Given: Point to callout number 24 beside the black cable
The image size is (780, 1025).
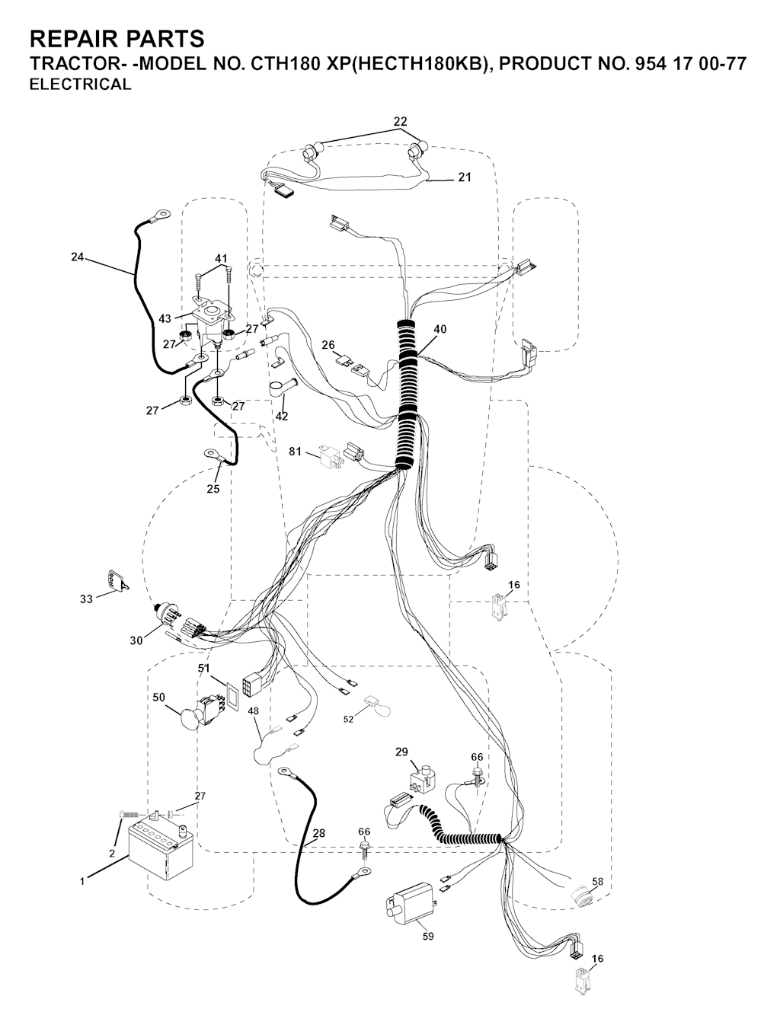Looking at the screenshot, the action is pos(78,257).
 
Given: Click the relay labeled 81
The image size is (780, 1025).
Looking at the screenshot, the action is pos(331,454).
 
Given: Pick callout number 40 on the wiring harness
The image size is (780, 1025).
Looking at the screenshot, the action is pos(440,329).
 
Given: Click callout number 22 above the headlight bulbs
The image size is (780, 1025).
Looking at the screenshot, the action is pos(400,121).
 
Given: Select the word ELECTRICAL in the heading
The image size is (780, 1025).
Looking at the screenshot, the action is pos(81,85).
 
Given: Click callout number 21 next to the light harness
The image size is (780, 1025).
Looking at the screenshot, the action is pos(464,177).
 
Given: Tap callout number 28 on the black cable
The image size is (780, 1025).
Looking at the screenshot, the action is pos(319,832).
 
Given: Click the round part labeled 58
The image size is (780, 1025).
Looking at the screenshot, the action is pos(582,896).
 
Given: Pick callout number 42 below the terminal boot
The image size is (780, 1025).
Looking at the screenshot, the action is pos(282,416).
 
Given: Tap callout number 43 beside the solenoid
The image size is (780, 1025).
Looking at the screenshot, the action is pos(165,318).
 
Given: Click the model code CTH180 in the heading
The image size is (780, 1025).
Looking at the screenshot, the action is pos(283,63).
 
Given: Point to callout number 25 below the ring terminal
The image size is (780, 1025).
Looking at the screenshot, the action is pos(213,488).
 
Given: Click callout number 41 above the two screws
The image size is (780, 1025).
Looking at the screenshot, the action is pos(221,257).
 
